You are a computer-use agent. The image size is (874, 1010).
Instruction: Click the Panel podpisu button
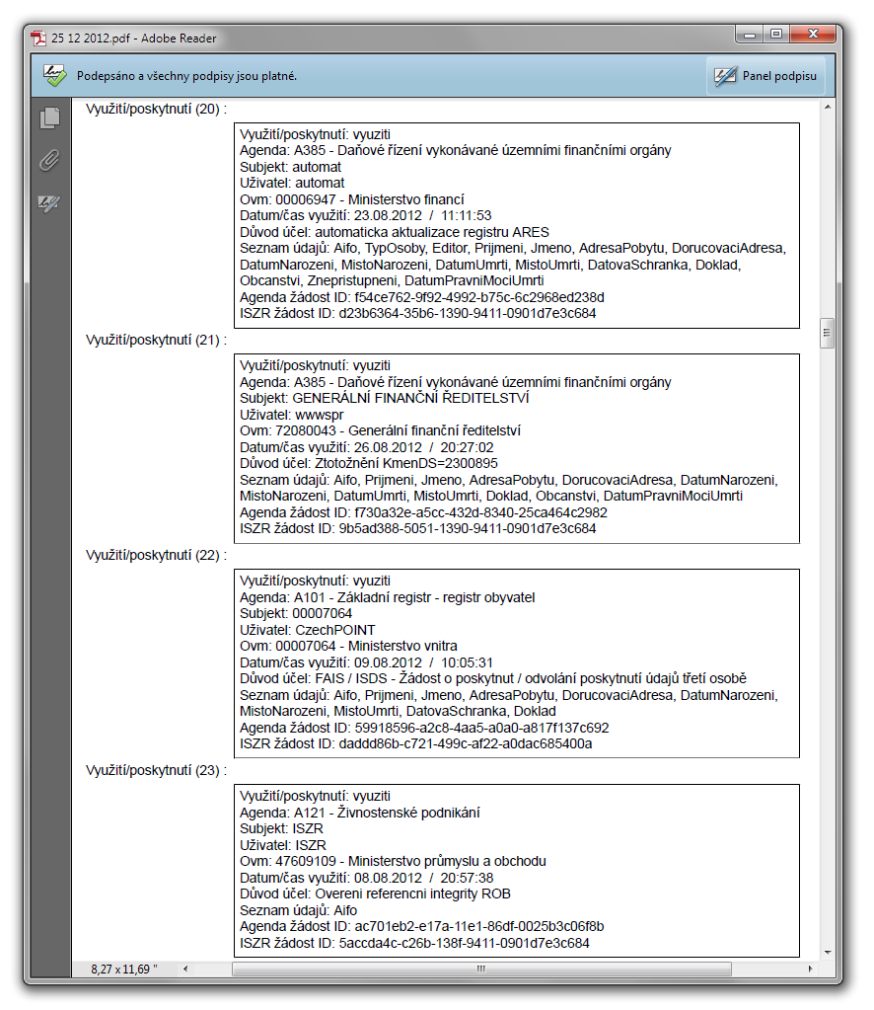click(x=765, y=76)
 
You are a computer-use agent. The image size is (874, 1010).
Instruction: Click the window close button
click(x=816, y=35)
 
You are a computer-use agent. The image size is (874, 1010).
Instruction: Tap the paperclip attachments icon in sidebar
click(x=49, y=161)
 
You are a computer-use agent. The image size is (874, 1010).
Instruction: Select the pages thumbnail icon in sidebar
click(x=49, y=118)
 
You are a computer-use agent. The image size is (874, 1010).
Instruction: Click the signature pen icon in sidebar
click(x=49, y=203)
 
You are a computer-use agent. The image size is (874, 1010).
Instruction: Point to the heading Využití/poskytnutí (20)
click(x=156, y=109)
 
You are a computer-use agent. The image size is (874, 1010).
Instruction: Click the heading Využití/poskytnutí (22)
click(x=156, y=555)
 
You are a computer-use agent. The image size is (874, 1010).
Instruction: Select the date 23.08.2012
click(x=388, y=215)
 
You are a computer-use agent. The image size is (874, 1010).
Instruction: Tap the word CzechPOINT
click(x=334, y=630)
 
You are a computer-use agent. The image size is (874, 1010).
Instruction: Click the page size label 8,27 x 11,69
click(x=124, y=971)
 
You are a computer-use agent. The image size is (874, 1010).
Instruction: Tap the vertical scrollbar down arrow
click(x=827, y=951)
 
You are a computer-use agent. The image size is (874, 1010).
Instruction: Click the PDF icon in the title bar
click(x=39, y=39)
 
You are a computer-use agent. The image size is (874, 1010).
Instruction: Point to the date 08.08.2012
click(x=388, y=878)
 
